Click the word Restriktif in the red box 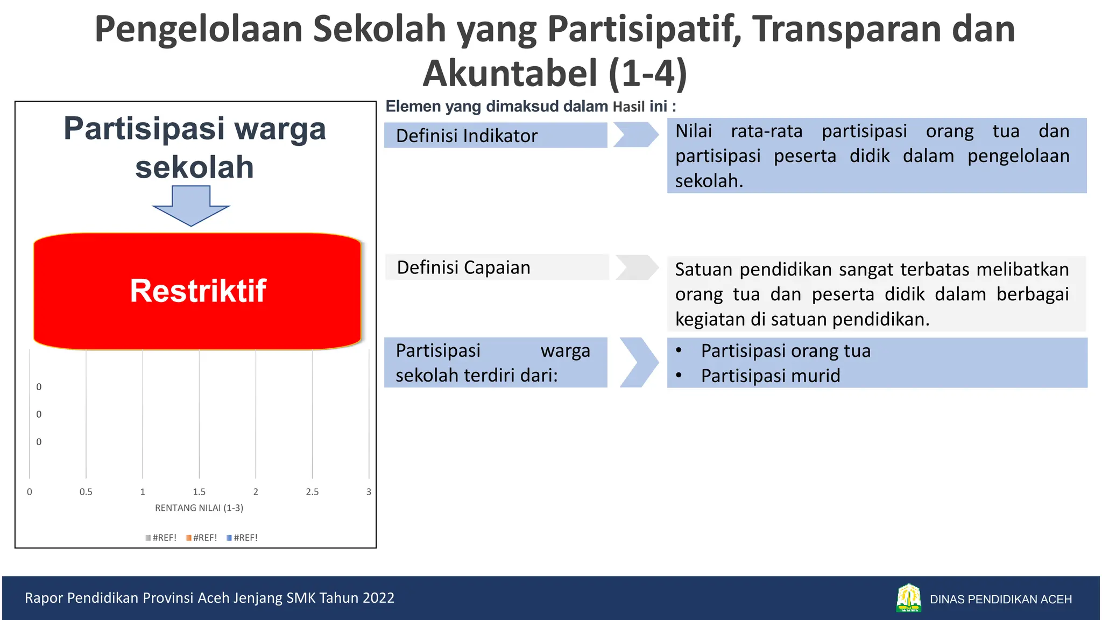198,291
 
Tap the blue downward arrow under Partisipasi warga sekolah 191,206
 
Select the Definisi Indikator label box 495,135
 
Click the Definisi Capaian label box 496,267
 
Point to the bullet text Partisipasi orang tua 785,351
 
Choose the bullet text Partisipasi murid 770,376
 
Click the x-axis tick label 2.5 312,492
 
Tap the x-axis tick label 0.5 86,492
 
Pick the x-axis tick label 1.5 199,492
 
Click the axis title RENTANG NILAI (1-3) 199,508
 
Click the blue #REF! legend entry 243,538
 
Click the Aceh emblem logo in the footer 908,598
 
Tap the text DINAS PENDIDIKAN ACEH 1000,600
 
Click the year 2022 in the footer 378,598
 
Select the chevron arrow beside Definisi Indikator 636,135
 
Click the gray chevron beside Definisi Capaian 637,267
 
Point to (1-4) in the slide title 648,73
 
